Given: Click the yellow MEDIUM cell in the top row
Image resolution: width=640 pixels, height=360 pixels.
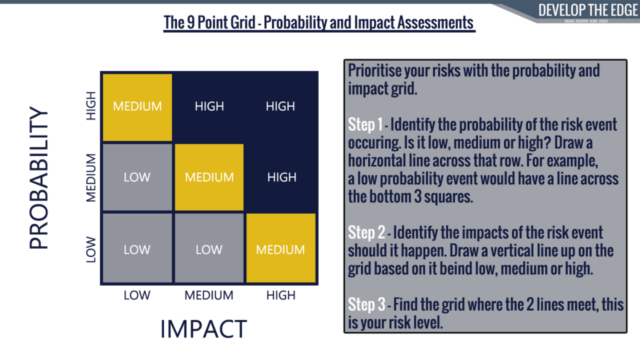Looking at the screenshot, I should [x=137, y=106].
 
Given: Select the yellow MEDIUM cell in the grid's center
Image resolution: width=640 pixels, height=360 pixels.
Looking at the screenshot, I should [x=209, y=177].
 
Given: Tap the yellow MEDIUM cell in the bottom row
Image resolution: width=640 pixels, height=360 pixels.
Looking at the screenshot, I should [x=281, y=249].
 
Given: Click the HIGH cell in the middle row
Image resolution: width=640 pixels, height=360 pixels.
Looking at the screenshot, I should [x=281, y=177].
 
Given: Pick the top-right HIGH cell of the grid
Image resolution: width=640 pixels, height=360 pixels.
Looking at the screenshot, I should [x=281, y=106].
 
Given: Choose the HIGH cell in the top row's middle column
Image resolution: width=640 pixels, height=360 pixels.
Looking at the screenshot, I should [x=209, y=106].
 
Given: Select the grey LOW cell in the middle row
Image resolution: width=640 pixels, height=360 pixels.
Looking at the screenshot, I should [x=137, y=177].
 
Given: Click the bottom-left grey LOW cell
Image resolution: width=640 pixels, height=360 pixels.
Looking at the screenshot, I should [x=137, y=249].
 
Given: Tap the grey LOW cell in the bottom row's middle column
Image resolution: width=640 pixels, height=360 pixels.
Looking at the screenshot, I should [x=209, y=249].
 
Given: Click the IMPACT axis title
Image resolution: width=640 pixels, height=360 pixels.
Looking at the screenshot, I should [x=204, y=328].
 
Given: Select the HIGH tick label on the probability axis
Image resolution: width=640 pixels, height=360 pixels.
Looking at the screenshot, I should [x=91, y=106].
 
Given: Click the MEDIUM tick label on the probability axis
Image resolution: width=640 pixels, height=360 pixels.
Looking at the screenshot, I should [x=91, y=177].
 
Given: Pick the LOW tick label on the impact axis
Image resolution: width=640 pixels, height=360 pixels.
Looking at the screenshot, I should [x=137, y=295].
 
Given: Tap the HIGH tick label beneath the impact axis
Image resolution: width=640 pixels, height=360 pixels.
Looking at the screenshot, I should [x=281, y=295].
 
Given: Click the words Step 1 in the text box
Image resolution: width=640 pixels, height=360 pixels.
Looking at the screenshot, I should [x=365, y=125].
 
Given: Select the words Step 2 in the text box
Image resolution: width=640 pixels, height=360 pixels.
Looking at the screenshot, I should [x=366, y=233].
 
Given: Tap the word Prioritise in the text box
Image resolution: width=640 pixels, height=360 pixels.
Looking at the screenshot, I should [x=375, y=71].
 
